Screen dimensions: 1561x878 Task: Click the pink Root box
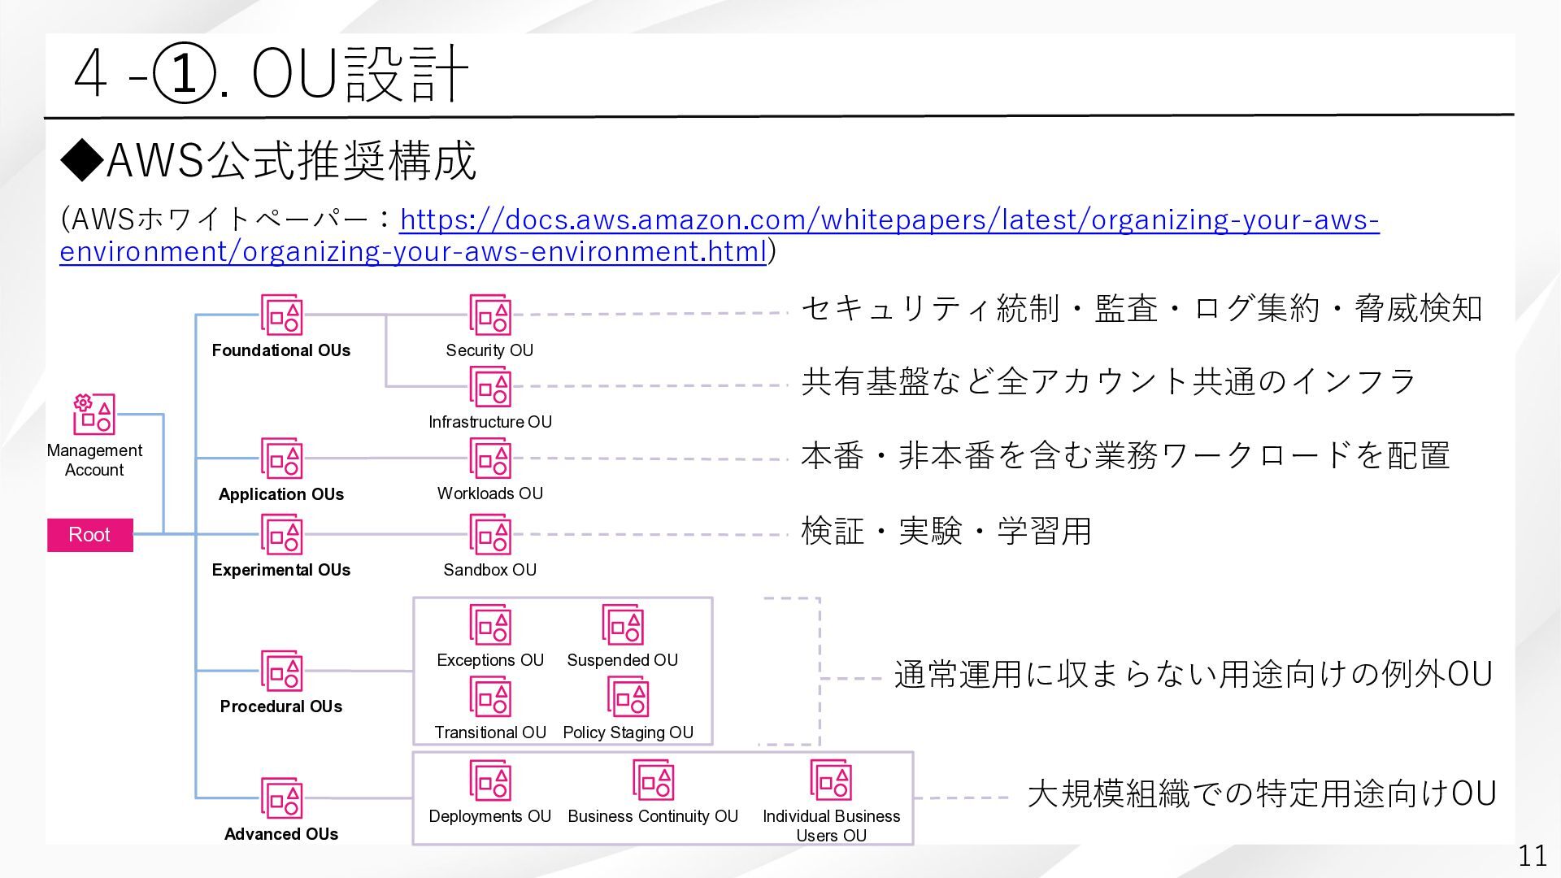(89, 535)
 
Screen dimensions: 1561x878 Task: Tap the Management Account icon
(94, 414)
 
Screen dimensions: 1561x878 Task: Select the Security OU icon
(490, 315)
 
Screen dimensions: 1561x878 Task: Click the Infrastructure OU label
(490, 422)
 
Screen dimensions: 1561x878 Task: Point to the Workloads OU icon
(490, 459)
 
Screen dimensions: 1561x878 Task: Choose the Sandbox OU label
(490, 570)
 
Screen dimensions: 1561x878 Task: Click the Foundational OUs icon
(281, 315)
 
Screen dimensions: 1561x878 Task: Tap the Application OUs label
(281, 494)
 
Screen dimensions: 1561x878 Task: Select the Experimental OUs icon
(281, 534)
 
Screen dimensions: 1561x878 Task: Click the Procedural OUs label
(281, 706)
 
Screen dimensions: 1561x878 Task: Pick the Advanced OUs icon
(281, 798)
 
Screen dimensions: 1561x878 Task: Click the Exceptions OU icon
(490, 624)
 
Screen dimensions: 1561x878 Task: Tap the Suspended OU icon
(623, 624)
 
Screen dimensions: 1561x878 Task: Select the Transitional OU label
(490, 732)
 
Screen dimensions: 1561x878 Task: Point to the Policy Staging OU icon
(628, 698)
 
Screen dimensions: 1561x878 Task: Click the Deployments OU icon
(490, 780)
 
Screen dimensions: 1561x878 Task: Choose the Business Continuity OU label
(653, 816)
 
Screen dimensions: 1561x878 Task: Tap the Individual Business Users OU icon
(831, 780)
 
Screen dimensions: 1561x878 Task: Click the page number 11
(1533, 855)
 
